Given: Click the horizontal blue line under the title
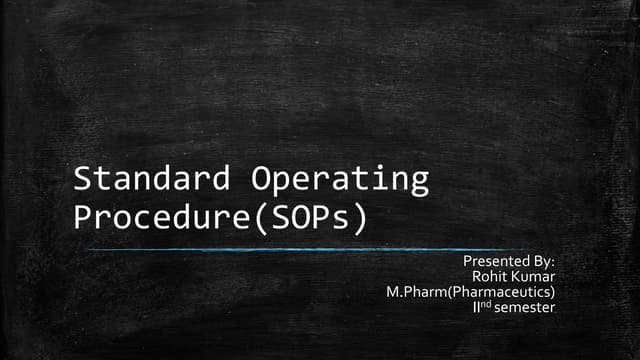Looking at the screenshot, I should click(x=320, y=249).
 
